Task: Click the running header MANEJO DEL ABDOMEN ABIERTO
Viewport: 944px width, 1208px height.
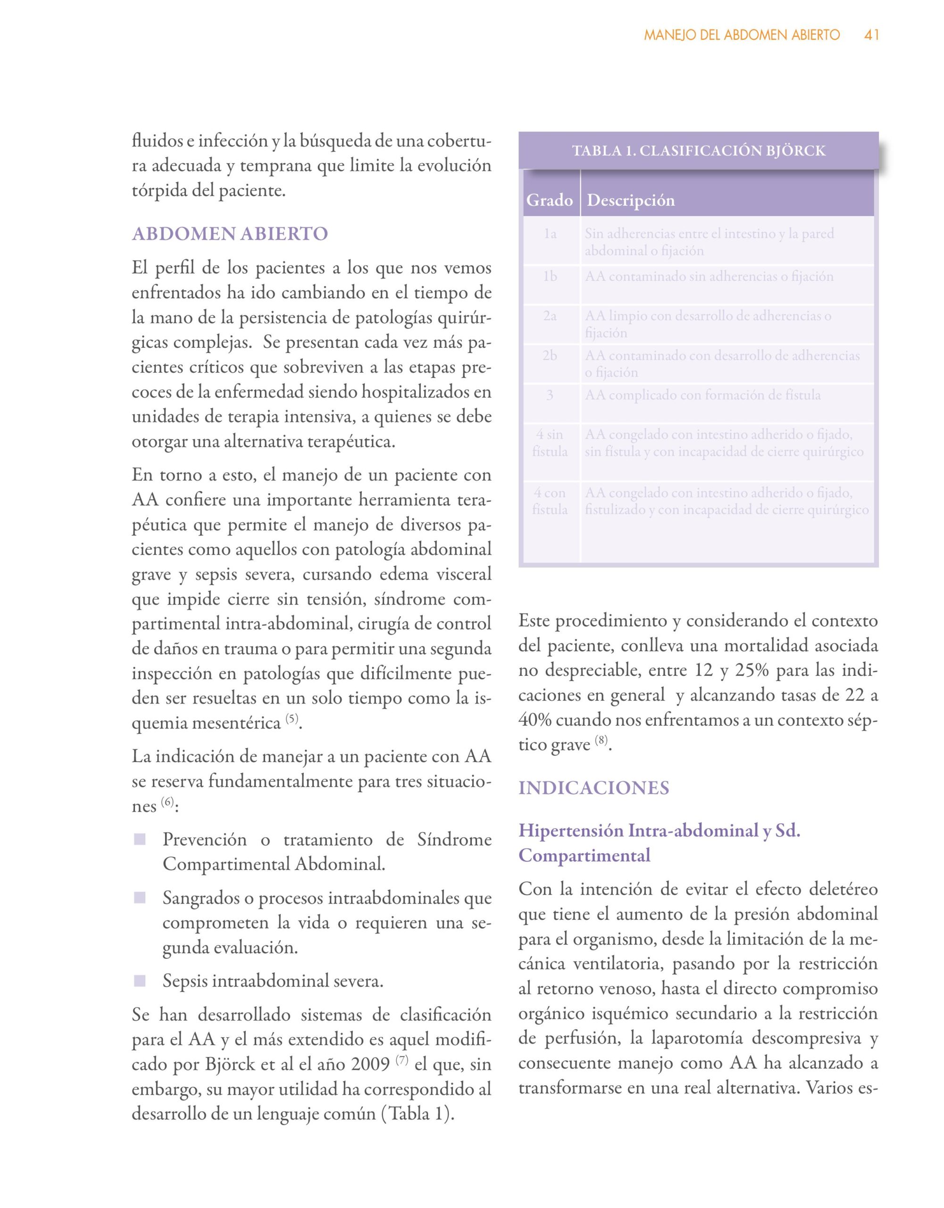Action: click(x=742, y=35)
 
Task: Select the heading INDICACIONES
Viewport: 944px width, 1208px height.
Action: click(x=593, y=788)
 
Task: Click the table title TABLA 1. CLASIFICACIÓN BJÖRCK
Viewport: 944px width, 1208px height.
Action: click(x=699, y=151)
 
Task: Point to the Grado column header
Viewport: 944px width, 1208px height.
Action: click(x=549, y=200)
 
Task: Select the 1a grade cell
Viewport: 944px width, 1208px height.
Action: click(x=550, y=234)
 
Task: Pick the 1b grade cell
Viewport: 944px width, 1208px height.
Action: click(x=550, y=277)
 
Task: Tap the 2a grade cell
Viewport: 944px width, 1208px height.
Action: click(x=550, y=316)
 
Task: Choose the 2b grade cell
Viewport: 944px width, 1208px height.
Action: click(x=550, y=356)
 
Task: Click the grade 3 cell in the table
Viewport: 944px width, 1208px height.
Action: click(x=550, y=395)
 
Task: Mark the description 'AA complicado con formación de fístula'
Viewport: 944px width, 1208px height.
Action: click(x=703, y=395)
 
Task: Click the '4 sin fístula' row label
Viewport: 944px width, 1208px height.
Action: click(x=550, y=443)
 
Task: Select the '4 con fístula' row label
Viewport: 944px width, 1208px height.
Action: click(x=550, y=501)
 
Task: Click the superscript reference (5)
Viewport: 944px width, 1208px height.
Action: click(x=292, y=719)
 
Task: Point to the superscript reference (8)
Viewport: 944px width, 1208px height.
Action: click(x=601, y=740)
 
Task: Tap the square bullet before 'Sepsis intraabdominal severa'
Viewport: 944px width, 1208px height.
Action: click(x=140, y=981)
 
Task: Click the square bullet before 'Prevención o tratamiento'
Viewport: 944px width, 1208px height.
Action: click(x=140, y=839)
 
